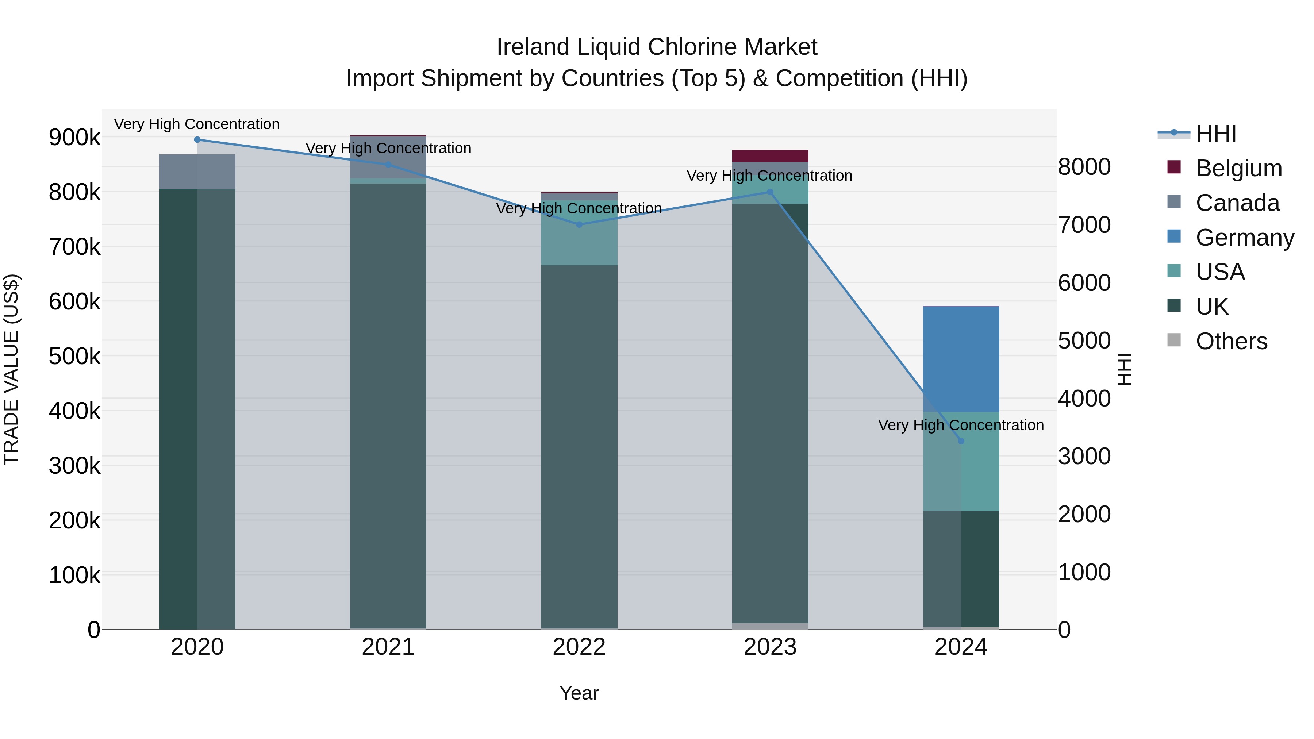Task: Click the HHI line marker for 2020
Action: coord(197,140)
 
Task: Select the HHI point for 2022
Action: coord(579,224)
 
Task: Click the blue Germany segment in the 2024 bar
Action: coord(961,359)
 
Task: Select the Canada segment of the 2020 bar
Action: coord(197,172)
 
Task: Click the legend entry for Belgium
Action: coord(1238,168)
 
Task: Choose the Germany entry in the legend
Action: coord(1245,238)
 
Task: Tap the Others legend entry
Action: coord(1232,341)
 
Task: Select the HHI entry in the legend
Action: coord(1216,134)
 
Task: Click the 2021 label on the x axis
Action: coord(388,647)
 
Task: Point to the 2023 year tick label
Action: coord(770,647)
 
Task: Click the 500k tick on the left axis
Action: coord(74,357)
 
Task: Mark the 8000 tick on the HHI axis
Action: coord(1084,167)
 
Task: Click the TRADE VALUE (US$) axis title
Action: coord(11,369)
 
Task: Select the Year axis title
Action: coord(579,693)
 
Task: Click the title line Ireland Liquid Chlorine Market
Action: coord(657,47)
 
